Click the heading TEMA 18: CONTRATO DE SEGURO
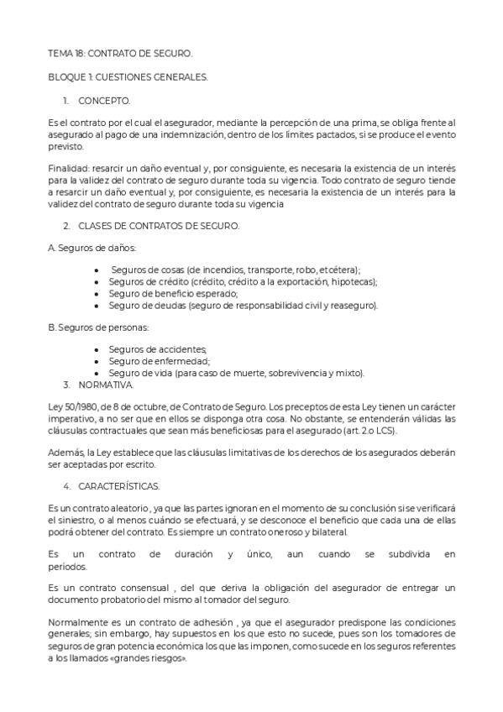coord(120,54)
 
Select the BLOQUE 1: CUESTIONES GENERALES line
coord(128,77)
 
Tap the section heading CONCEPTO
coord(104,101)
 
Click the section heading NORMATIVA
coord(105,384)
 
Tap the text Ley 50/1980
coord(72,407)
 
